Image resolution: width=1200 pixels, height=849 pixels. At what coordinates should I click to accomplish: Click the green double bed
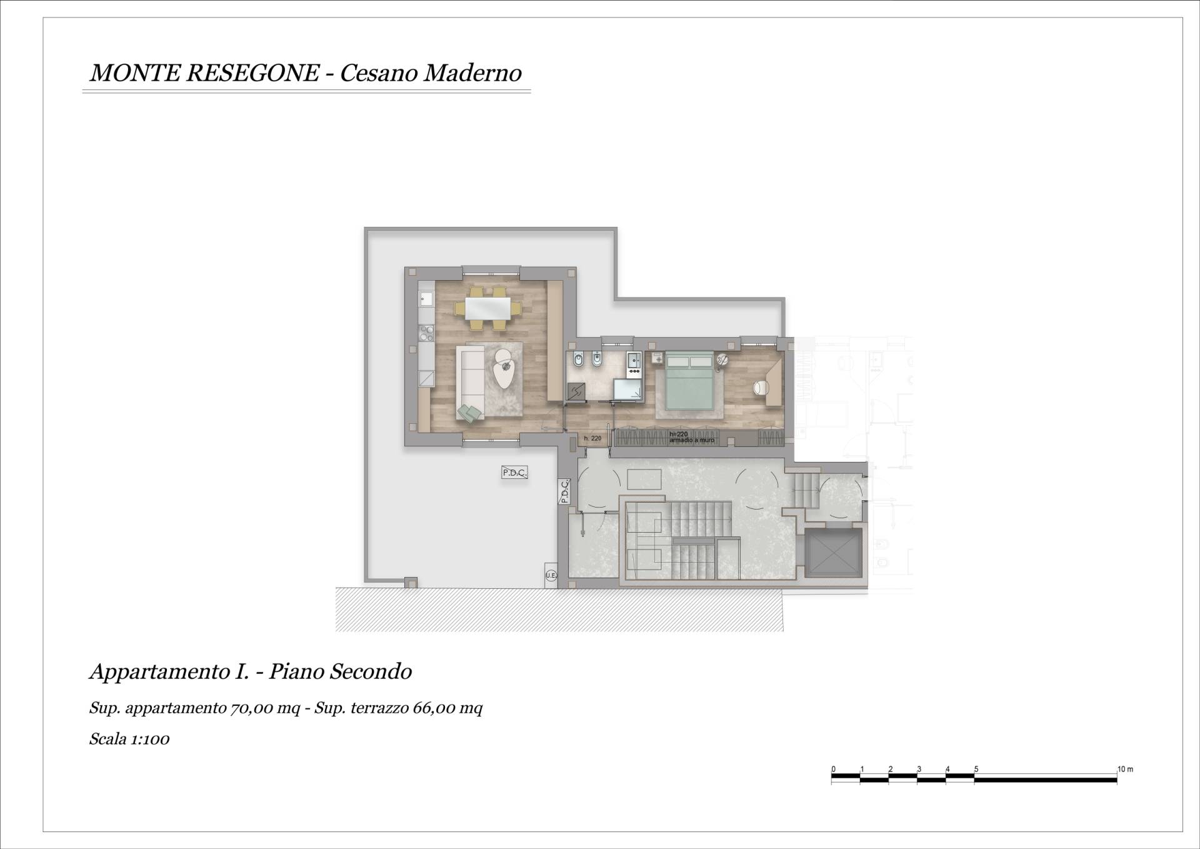pos(689,382)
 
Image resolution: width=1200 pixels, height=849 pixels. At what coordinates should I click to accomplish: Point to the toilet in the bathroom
pos(597,360)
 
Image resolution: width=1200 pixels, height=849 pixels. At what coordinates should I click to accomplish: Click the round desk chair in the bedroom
pos(760,388)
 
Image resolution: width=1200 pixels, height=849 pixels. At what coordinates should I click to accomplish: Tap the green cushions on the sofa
pos(470,412)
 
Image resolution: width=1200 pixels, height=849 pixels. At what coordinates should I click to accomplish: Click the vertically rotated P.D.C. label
pos(564,491)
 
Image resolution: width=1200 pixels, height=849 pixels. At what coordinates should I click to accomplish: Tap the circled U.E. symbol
pos(551,575)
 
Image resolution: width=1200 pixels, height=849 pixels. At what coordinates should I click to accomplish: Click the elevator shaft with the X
pos(833,553)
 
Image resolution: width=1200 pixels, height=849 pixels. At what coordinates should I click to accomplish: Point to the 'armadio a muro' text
pos(692,440)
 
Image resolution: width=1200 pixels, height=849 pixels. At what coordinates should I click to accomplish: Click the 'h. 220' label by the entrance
pos(592,438)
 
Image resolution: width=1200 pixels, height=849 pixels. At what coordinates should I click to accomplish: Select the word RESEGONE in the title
pos(252,73)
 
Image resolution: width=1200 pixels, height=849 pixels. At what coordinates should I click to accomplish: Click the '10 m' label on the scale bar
pos(1125,769)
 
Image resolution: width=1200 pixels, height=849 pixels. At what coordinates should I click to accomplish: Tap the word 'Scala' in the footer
pos(108,739)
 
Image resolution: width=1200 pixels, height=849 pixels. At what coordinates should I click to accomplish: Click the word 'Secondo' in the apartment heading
pos(371,672)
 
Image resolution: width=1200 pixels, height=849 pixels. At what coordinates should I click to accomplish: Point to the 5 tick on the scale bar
pos(976,770)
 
